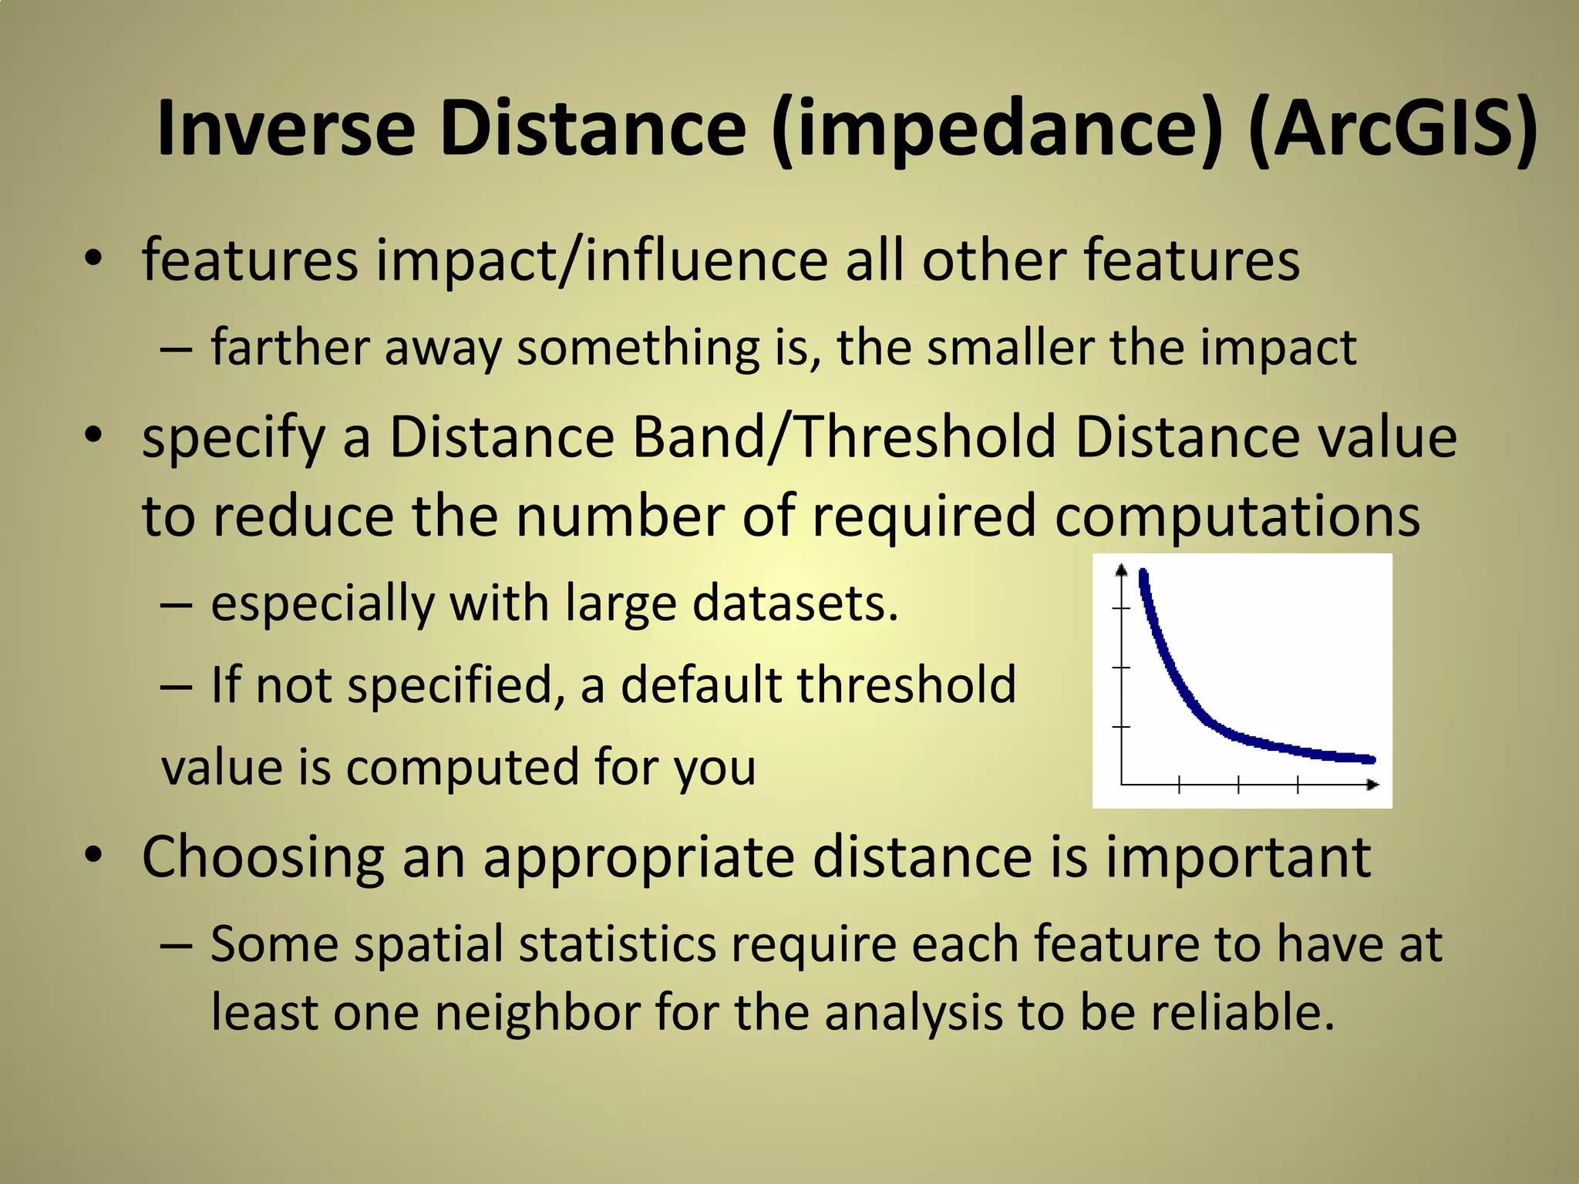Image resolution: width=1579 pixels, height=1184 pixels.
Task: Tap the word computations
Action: pyautogui.click(x=1237, y=516)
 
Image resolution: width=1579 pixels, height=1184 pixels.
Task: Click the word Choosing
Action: pyautogui.click(x=263, y=857)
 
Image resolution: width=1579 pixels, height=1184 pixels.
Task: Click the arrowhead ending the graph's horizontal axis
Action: pyautogui.click(x=1373, y=785)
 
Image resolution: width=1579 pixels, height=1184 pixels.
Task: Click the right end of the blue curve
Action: pyautogui.click(x=1371, y=759)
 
